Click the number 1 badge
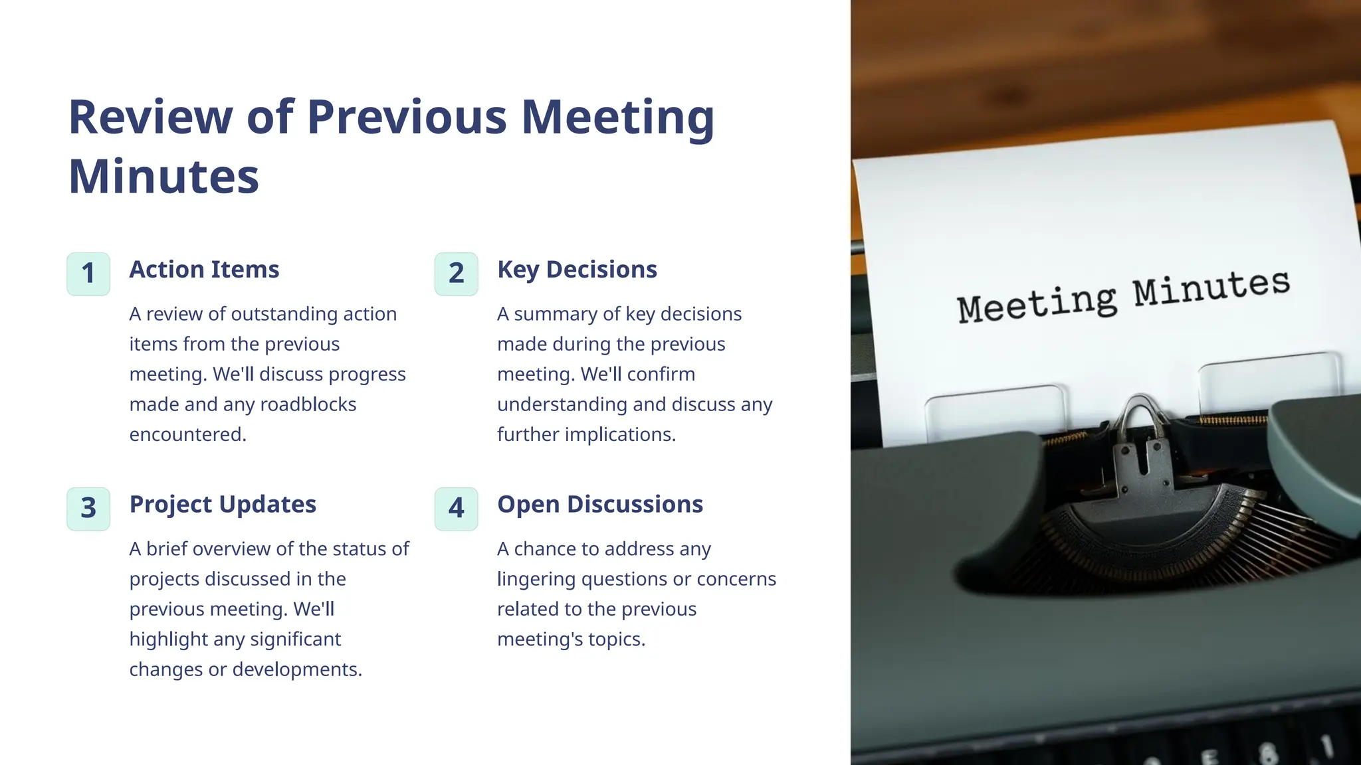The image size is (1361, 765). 88,274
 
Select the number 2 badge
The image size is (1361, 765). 456,274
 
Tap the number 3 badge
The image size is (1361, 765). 88,509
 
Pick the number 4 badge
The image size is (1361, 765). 456,509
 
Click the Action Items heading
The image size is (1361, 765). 204,270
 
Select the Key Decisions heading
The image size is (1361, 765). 577,270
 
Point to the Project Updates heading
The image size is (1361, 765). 223,505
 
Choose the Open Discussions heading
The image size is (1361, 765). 599,505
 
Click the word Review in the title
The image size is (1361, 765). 150,118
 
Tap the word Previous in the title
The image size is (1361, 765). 407,118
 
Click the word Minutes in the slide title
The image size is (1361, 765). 163,177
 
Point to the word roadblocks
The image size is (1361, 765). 308,404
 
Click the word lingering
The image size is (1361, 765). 536,579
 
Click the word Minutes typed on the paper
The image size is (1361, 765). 1211,287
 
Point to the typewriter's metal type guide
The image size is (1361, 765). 1140,452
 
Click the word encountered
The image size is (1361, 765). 187,434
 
